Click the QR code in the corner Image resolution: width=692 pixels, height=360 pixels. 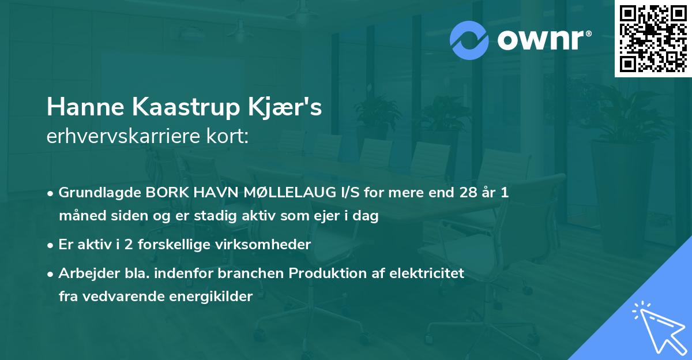[653, 38]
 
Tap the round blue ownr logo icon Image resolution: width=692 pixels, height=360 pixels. [469, 39]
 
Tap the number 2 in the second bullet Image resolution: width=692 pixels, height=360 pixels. [122, 244]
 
